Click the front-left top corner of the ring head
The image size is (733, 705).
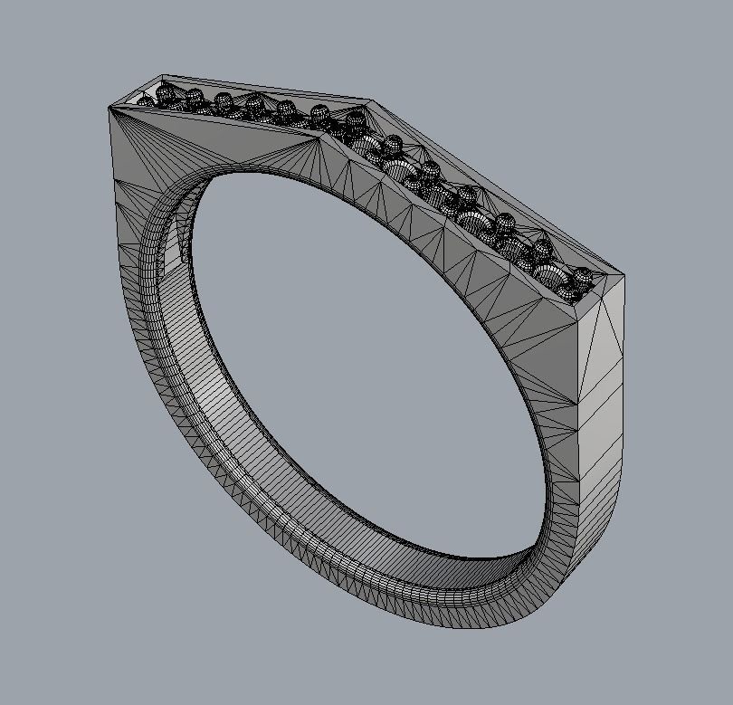click(x=109, y=107)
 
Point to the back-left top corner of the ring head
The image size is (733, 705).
click(x=163, y=76)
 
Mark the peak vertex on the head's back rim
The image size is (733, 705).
click(x=371, y=101)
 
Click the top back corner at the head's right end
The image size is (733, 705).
click(x=624, y=273)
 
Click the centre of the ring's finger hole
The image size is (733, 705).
click(x=362, y=362)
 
